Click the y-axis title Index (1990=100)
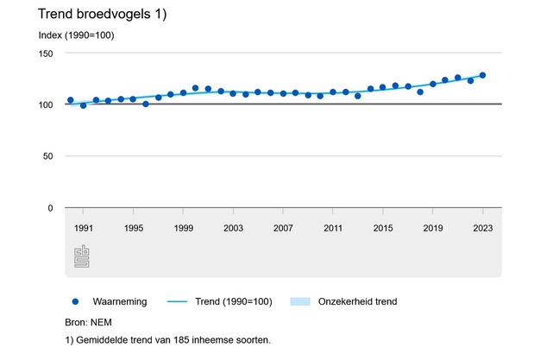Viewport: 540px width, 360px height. pos(77,35)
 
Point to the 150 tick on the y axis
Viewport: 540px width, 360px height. pos(47,54)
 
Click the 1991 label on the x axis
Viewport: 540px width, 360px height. pos(84,228)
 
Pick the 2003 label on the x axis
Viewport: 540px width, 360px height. pos(233,228)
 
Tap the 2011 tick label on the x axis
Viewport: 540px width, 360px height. pos(333,228)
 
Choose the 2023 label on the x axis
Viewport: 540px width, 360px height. pos(482,228)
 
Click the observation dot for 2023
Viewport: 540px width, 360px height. pos(482,75)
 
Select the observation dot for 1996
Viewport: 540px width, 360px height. pos(146,104)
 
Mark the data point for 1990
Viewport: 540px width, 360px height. pos(71,100)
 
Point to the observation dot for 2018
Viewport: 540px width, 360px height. pos(420,92)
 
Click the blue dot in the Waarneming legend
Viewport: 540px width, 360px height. pos(76,301)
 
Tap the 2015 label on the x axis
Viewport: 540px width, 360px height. pos(383,228)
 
